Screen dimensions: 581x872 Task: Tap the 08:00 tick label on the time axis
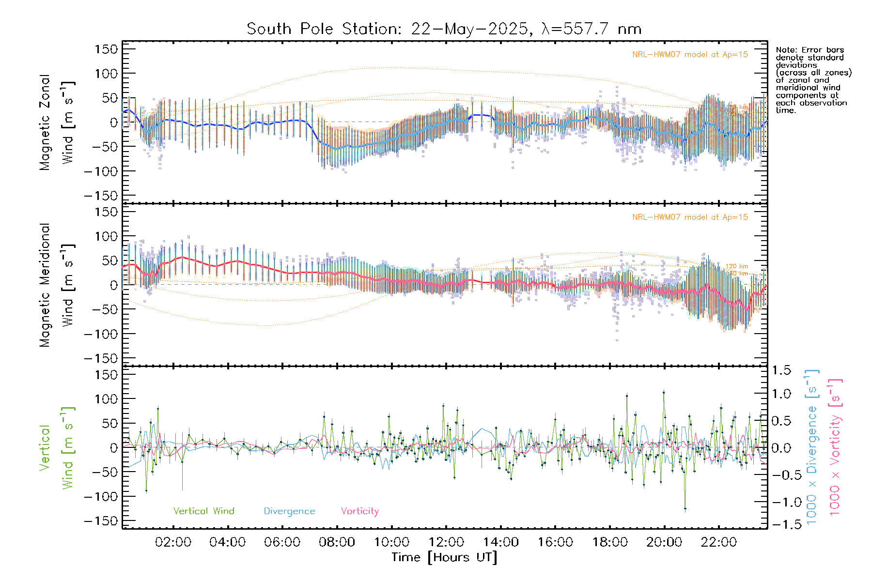coord(337,542)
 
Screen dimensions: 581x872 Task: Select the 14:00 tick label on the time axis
coord(500,542)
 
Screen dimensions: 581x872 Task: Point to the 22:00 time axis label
coord(719,542)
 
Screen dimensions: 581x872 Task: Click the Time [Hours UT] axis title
coord(444,557)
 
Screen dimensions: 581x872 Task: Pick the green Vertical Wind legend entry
coord(203,511)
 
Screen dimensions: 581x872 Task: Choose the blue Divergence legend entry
coord(289,511)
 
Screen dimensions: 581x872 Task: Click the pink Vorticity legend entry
coord(359,511)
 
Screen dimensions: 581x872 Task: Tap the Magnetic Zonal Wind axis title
coord(57,122)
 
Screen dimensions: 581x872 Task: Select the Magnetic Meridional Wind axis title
coord(57,285)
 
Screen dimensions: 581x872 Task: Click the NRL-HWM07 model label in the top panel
coord(690,55)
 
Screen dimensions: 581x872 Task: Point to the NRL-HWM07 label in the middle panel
coord(690,217)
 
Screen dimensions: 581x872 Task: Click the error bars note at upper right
coord(813,80)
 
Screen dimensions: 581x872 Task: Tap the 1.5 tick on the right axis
coord(781,370)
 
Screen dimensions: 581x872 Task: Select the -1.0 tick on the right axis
coord(783,502)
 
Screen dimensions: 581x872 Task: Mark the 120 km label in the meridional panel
coord(736,266)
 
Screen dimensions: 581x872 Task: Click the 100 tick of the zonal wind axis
coord(107,74)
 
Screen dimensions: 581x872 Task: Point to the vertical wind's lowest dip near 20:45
coord(685,508)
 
